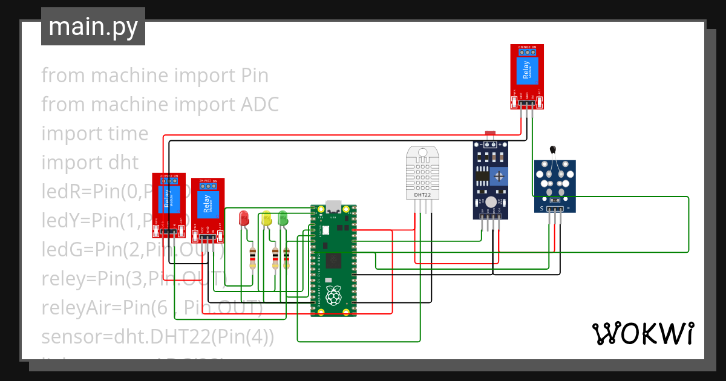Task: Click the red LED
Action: (x=244, y=218)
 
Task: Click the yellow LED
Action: (x=266, y=218)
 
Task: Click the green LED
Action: (x=283, y=218)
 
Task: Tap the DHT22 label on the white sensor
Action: (x=422, y=195)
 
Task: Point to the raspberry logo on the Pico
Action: (x=332, y=296)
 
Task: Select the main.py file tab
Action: (x=93, y=27)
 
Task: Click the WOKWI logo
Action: (x=643, y=333)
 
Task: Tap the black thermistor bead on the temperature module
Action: (x=552, y=149)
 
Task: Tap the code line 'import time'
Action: (x=95, y=134)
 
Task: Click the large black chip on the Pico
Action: (x=332, y=262)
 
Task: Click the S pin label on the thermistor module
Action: (x=541, y=209)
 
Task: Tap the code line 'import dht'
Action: (x=90, y=163)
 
